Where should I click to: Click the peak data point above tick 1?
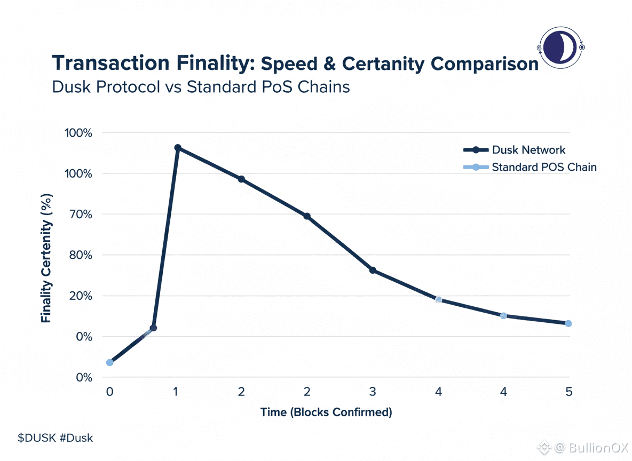tap(177, 148)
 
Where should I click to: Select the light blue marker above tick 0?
tap(110, 362)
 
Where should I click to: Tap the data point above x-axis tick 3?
tap(373, 271)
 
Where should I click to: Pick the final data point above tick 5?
tap(568, 323)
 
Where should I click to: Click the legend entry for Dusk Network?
tap(528, 150)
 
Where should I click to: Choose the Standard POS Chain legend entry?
tap(543, 167)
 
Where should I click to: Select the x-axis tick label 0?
tap(110, 392)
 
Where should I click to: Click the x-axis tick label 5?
tap(568, 392)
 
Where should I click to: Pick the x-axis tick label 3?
tap(373, 392)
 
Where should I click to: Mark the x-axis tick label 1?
tap(176, 392)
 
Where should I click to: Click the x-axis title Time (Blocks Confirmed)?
tap(326, 412)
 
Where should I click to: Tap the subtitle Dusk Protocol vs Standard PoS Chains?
tap(201, 86)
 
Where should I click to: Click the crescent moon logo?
tap(562, 47)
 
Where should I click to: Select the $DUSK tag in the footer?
tap(35, 438)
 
